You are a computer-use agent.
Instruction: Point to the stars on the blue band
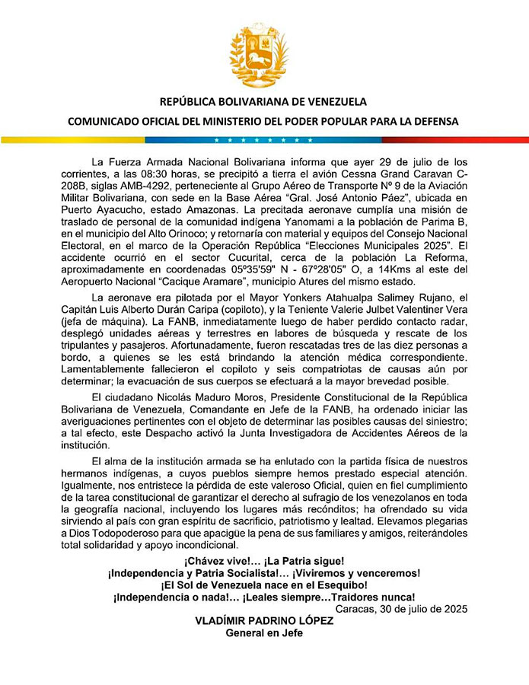click(263, 140)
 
